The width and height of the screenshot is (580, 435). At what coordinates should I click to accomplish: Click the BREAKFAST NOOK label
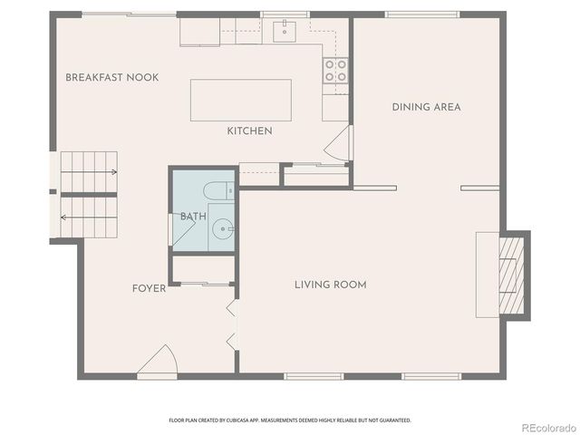click(x=111, y=78)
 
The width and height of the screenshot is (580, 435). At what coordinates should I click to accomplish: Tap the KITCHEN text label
click(x=249, y=131)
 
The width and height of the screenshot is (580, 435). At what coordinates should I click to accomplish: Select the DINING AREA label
click(x=426, y=107)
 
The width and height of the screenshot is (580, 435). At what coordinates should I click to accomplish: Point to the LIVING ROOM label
click(x=330, y=285)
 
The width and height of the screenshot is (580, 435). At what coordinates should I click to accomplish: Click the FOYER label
click(x=149, y=289)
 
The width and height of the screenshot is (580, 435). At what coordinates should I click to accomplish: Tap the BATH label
click(x=192, y=217)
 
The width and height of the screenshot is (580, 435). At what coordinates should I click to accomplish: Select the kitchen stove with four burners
click(x=335, y=71)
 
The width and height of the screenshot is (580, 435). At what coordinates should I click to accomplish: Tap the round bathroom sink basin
click(x=222, y=227)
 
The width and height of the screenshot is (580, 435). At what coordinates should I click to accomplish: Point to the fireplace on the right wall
click(x=504, y=274)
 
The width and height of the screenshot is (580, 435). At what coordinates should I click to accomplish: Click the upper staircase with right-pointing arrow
click(x=89, y=171)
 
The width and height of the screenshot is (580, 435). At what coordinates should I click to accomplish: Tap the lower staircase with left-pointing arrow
click(x=89, y=217)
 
